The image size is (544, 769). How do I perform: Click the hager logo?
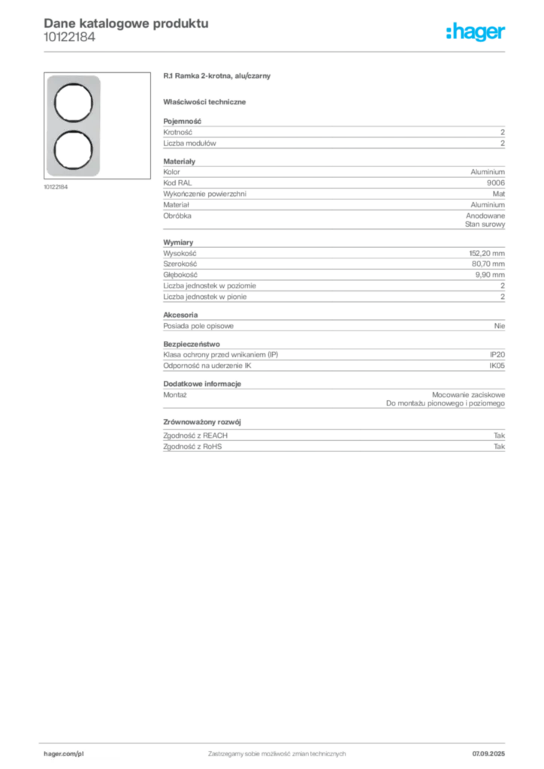[x=476, y=32]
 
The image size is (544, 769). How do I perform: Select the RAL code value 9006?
[x=495, y=183]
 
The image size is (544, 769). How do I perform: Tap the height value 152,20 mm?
[x=487, y=254]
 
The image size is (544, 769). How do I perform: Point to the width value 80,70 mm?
[x=488, y=264]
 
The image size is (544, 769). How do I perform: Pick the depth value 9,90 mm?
[x=490, y=275]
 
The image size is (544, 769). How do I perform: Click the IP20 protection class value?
[x=497, y=354]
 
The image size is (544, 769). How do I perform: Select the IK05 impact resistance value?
[x=497, y=366]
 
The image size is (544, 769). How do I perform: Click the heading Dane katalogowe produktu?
[x=126, y=23]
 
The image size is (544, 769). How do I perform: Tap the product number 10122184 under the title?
[x=69, y=38]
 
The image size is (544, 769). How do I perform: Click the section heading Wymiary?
[x=178, y=243]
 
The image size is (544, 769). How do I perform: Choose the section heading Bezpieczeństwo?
[x=192, y=344]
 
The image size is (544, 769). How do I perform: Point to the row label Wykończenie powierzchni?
[x=204, y=195]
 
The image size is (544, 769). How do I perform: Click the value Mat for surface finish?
[x=498, y=195]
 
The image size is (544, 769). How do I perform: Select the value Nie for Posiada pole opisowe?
[x=500, y=326]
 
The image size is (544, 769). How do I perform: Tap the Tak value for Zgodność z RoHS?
[x=500, y=447]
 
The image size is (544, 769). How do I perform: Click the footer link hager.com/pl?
[x=64, y=754]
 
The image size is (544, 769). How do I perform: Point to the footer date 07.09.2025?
[x=488, y=754]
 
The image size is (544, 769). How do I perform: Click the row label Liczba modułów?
[x=189, y=143]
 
